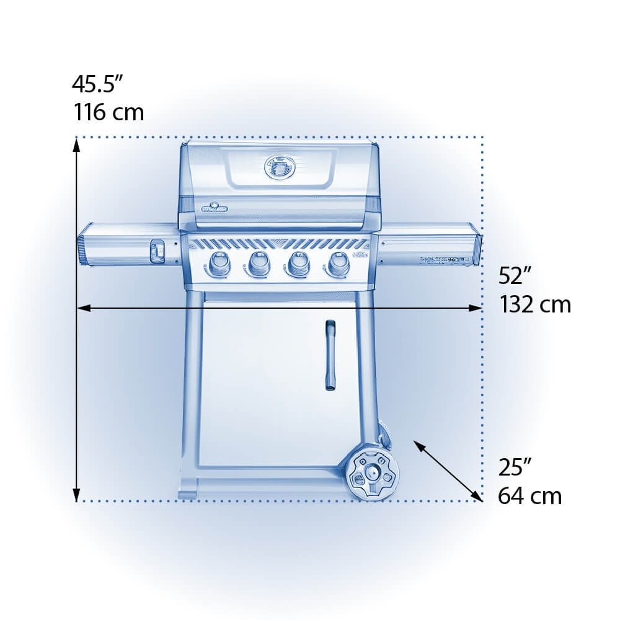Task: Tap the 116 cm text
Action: coord(109,112)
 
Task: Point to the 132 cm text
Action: coord(535,304)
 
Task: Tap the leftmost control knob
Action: coord(217,264)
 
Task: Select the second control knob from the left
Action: coord(257,264)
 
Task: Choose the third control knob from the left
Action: coord(297,264)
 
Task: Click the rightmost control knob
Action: coord(337,264)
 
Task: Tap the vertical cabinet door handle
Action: coord(330,355)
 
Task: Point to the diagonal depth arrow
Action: coord(448,471)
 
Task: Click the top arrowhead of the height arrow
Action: coord(76,144)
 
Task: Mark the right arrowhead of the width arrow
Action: coord(477,308)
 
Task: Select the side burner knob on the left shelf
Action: coord(156,251)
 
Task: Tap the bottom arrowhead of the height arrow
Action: coord(76,495)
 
